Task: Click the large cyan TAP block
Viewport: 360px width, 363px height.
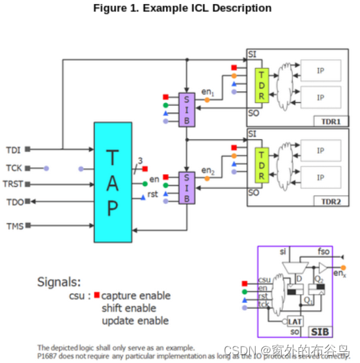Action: click(x=113, y=181)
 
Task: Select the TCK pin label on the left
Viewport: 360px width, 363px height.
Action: click(x=15, y=168)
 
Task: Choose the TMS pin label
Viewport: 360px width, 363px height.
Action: click(x=15, y=226)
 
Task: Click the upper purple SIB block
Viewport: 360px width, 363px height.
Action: click(x=187, y=109)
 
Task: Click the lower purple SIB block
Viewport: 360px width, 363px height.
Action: click(x=187, y=188)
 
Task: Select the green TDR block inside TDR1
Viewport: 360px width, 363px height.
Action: click(x=262, y=85)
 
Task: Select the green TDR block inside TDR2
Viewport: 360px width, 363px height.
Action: click(x=262, y=165)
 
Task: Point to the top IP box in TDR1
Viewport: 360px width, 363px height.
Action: click(x=320, y=70)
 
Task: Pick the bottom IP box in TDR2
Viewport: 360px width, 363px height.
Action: click(x=320, y=177)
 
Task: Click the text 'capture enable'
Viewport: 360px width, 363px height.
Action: click(x=135, y=296)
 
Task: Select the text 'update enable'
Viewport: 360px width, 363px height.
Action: click(x=135, y=321)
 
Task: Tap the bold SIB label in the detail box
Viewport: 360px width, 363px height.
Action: click(x=336, y=331)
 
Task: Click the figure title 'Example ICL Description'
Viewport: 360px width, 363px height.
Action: click(x=182, y=8)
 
